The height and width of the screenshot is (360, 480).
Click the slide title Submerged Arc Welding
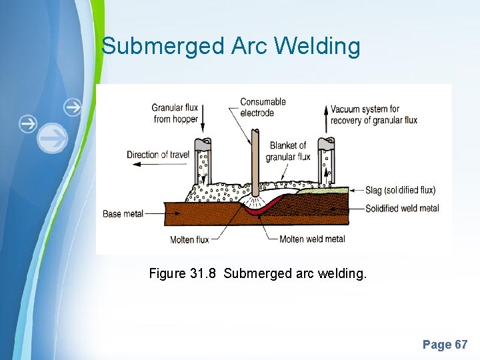(231, 47)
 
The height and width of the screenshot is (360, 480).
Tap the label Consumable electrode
(263, 107)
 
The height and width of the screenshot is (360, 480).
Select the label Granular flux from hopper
(175, 113)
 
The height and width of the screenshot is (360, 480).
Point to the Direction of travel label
(158, 155)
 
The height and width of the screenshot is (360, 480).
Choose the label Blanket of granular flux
(288, 151)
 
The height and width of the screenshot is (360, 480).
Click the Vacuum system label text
(374, 115)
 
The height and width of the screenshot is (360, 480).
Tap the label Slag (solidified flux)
(400, 191)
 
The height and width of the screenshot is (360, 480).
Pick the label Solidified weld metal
(402, 208)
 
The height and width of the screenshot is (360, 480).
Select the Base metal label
(123, 214)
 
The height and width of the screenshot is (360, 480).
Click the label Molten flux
(189, 239)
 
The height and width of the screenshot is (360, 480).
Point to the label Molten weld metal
(312, 239)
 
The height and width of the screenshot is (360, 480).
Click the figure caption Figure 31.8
(257, 273)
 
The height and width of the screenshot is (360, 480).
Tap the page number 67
(445, 345)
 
